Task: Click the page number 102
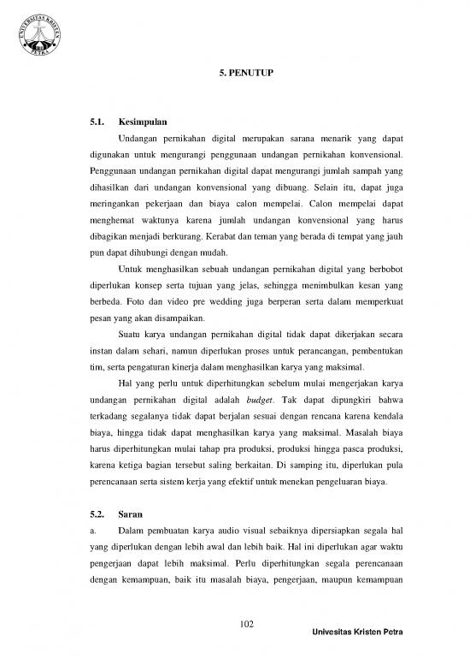(234, 623)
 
